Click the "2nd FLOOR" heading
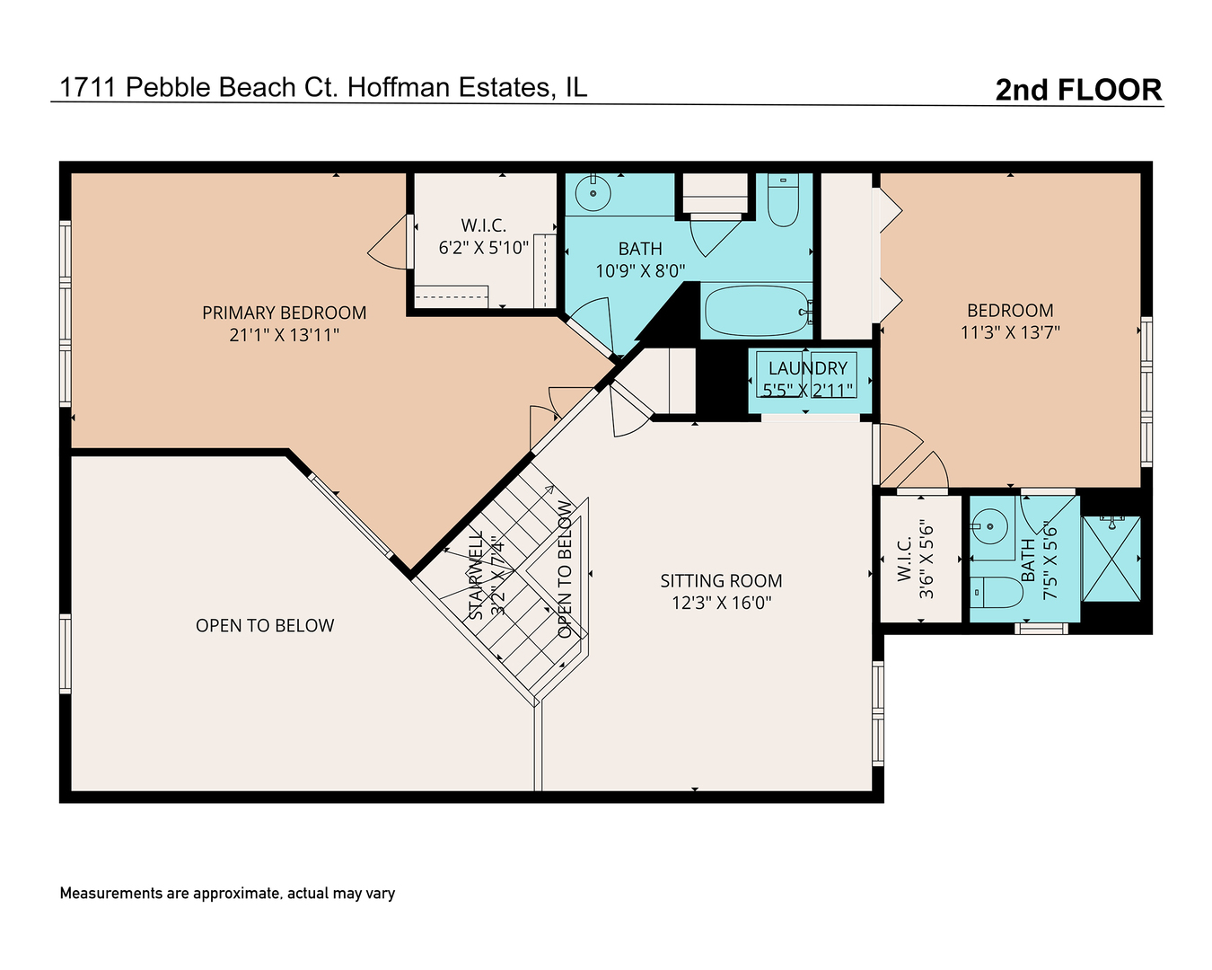click(1078, 90)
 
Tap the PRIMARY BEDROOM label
click(284, 313)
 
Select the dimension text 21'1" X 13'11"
click(284, 335)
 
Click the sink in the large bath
click(593, 192)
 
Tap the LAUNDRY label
click(807, 368)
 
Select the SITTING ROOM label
click(721, 581)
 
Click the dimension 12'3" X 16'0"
click(721, 603)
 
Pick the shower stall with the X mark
click(1111, 559)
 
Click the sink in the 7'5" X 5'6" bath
click(989, 525)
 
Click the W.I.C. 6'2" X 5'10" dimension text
click(483, 248)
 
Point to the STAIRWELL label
click(477, 575)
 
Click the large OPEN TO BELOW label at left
click(265, 626)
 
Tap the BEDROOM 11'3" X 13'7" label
click(1010, 321)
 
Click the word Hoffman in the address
click(400, 87)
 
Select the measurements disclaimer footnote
click(227, 894)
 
